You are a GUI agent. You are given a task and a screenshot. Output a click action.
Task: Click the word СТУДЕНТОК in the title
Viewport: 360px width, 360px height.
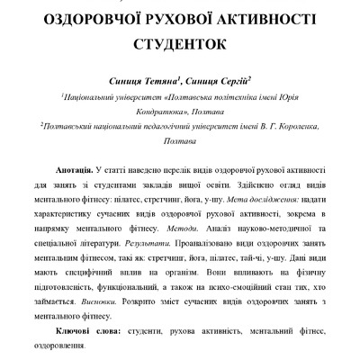coord(179,42)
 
